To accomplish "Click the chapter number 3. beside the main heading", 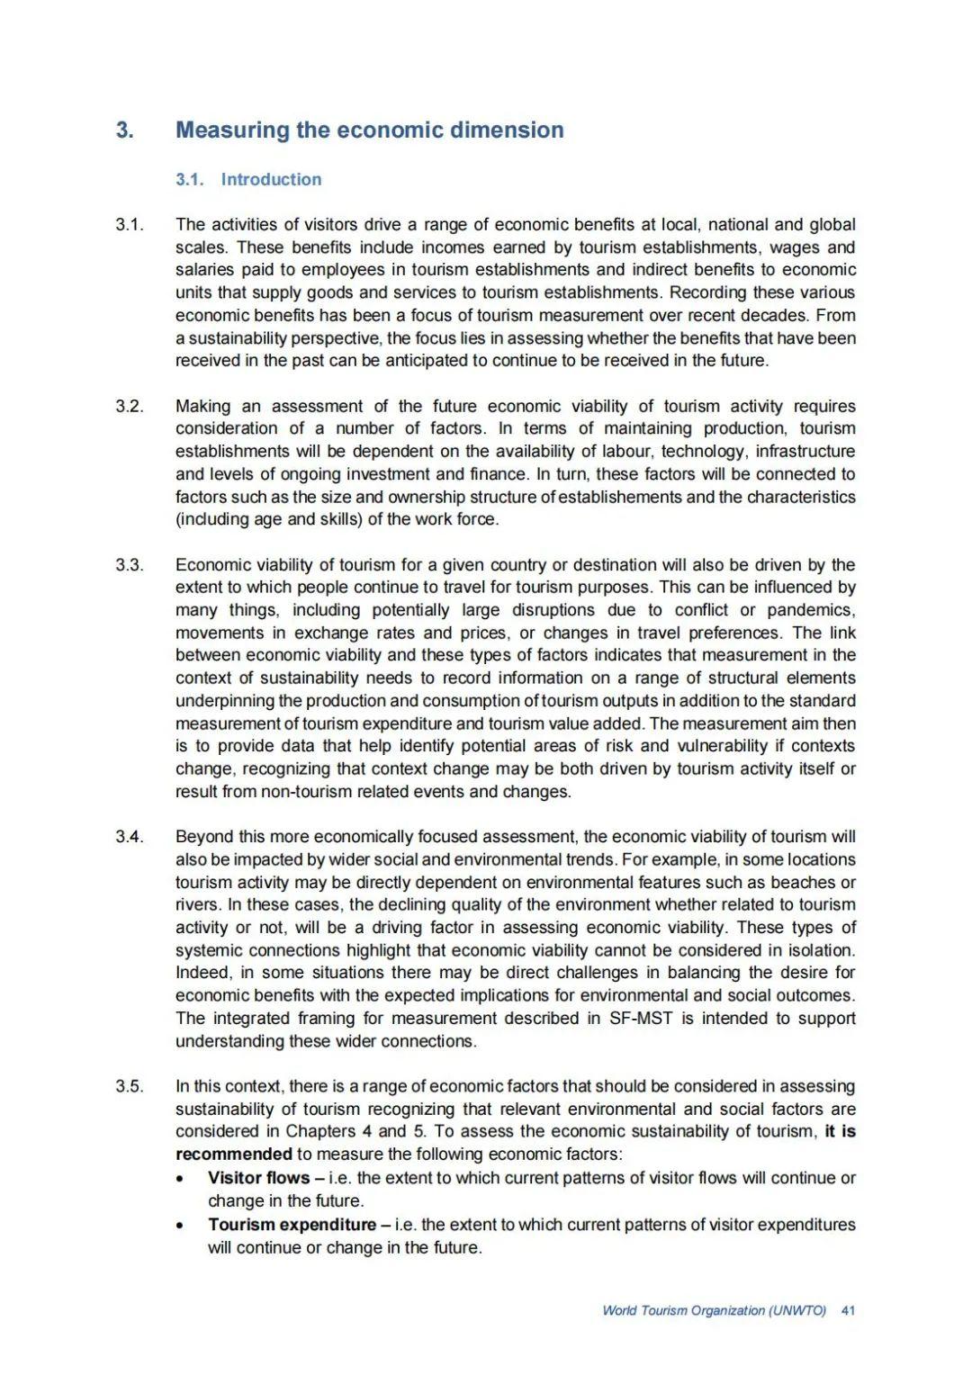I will coord(125,130).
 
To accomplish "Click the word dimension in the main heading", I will coord(507,130).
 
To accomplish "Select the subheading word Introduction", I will coord(271,179).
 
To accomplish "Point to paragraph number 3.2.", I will coord(129,406).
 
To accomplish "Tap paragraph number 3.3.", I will coord(129,565).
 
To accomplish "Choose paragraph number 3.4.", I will coord(129,837).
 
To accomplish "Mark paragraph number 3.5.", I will coord(129,1086).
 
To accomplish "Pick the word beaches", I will coord(799,883).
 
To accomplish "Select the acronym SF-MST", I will coord(641,1019).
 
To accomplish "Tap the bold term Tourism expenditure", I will coord(292,1225).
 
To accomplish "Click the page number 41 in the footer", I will coord(848,1311).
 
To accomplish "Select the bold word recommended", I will coord(234,1155).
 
